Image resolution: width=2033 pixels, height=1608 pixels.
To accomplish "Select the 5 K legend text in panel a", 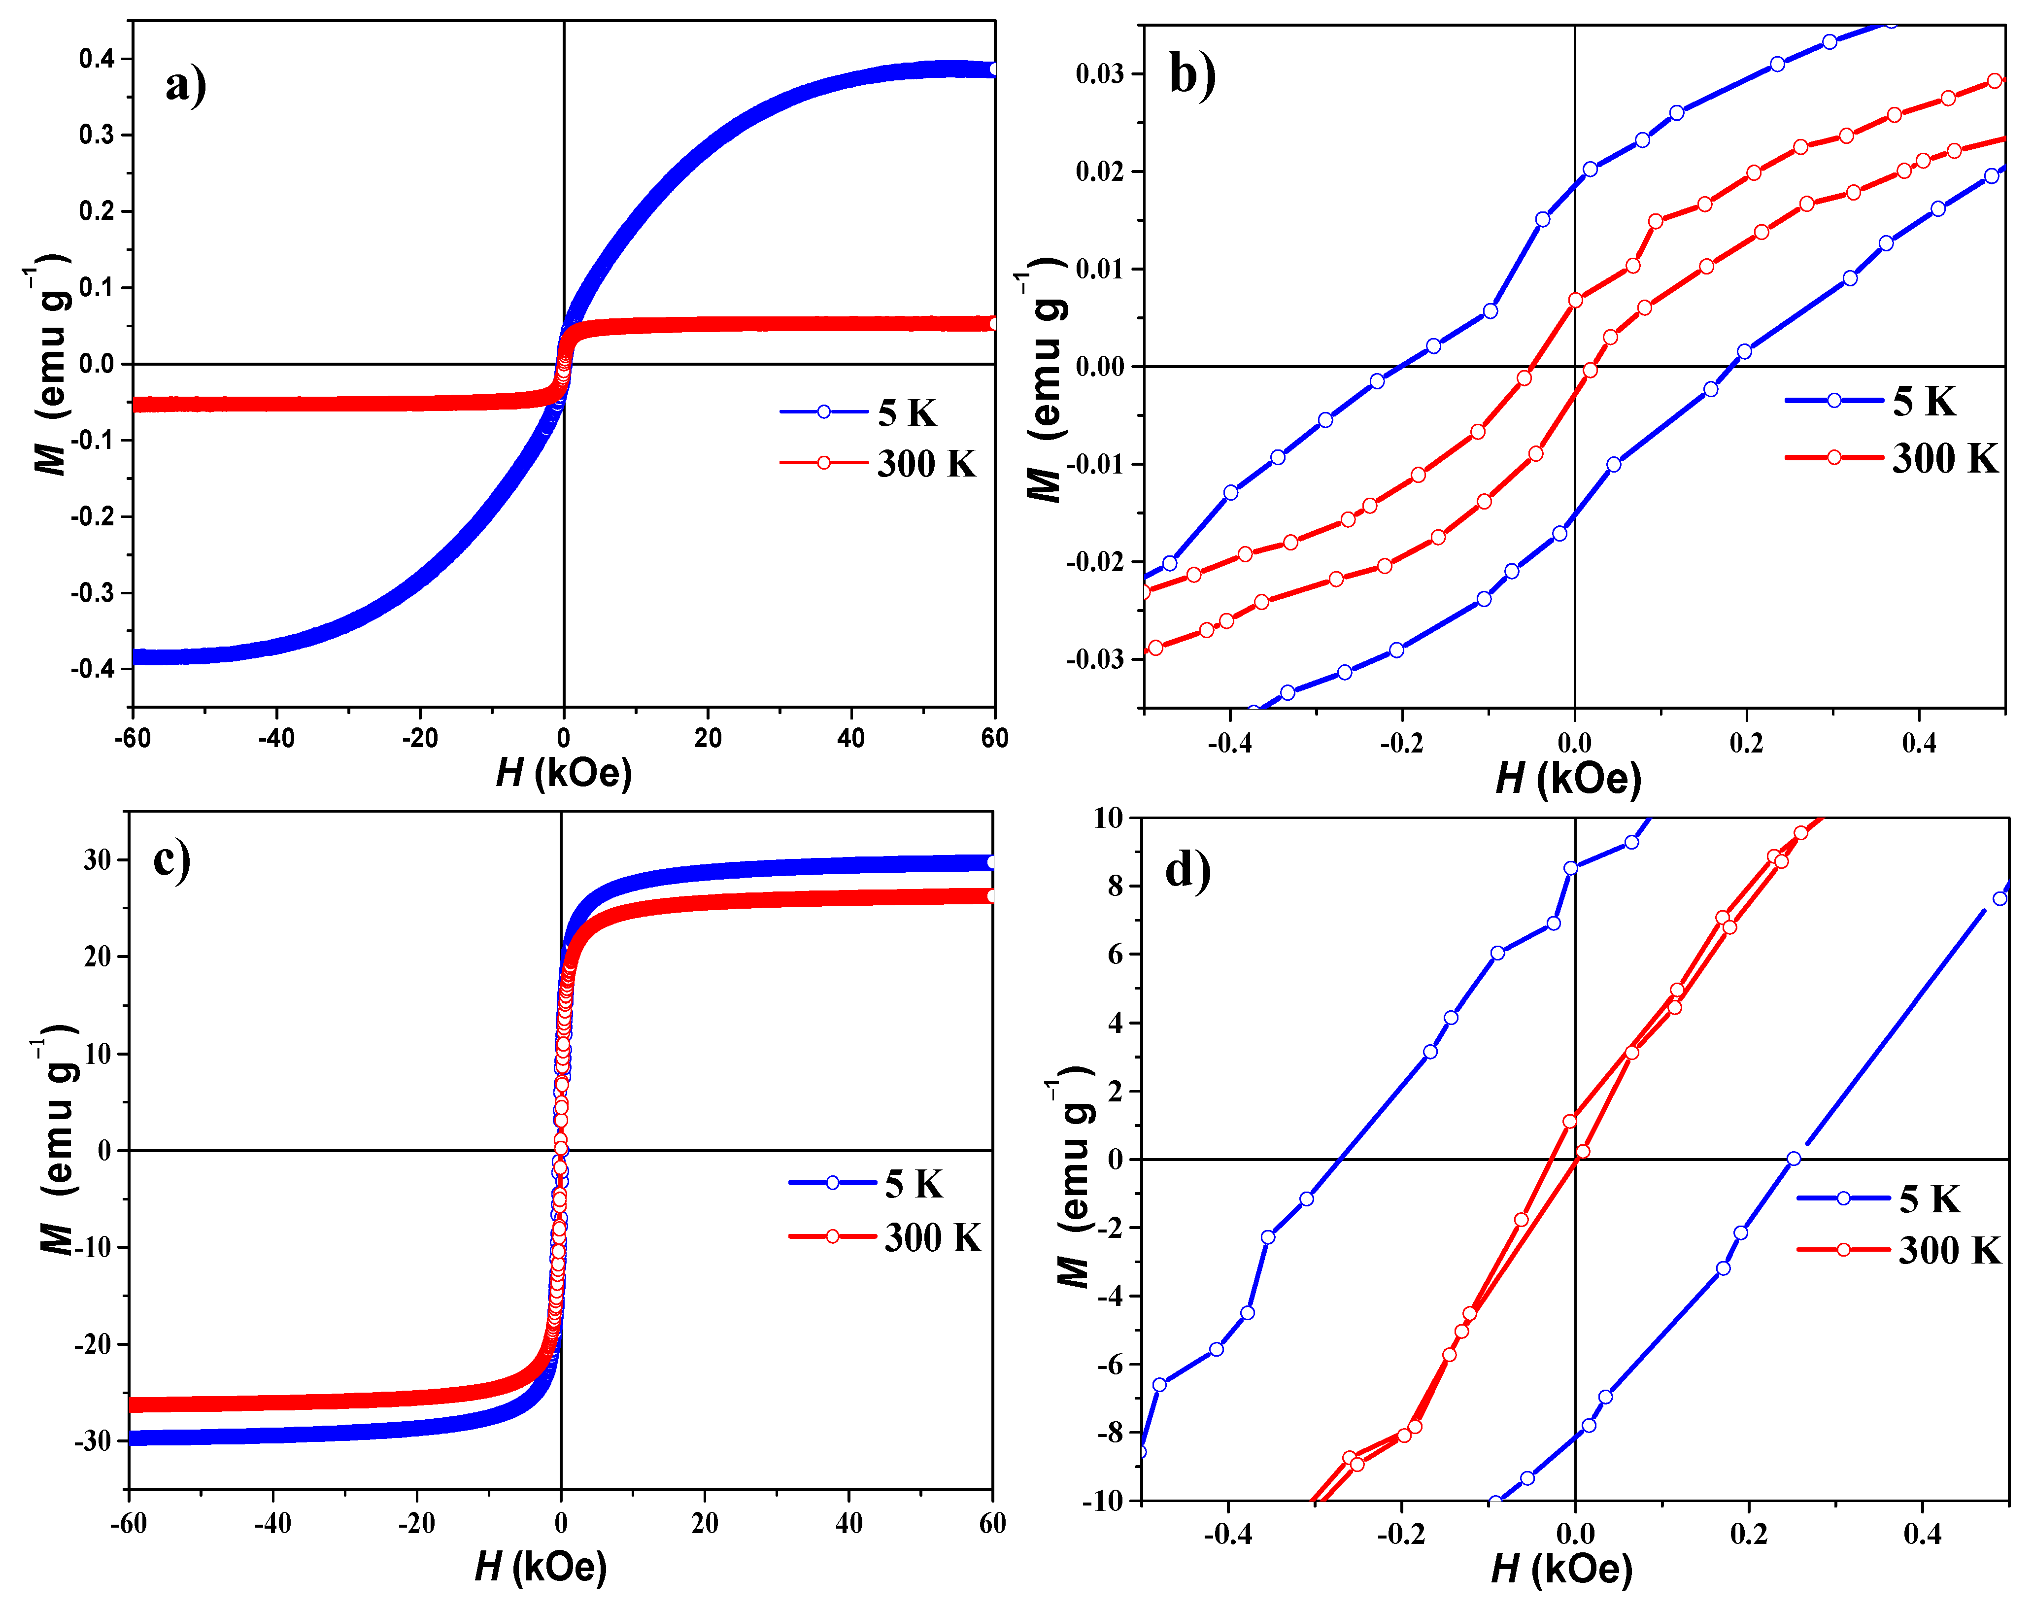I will [907, 413].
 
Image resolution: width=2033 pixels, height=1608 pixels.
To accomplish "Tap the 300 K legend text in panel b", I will [1944, 458].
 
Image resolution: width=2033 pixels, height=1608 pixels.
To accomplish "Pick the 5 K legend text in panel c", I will [913, 1183].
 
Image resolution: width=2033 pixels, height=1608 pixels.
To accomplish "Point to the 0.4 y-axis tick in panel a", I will [97, 58].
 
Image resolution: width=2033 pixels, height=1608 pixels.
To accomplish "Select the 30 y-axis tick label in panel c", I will [97, 859].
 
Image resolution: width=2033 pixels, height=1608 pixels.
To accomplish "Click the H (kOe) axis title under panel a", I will [564, 773].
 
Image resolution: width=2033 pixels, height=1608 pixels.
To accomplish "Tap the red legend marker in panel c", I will [832, 1236].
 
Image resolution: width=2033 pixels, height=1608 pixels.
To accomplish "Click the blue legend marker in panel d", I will [1843, 1198].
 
